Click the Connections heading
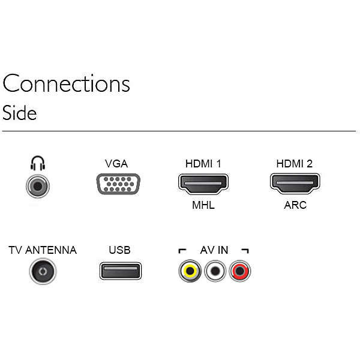(x=67, y=84)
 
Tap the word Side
(x=20, y=113)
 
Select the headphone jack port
(x=37, y=186)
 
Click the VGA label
(x=116, y=164)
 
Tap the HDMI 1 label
(x=203, y=164)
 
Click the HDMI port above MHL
(x=203, y=183)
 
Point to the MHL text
(x=203, y=205)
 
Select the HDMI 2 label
(x=295, y=164)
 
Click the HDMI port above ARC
(x=295, y=183)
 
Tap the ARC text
(x=295, y=205)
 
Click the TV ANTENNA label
(x=43, y=250)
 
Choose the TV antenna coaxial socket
(x=42, y=272)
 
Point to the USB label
(x=120, y=250)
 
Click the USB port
(x=120, y=272)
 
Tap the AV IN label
(x=214, y=250)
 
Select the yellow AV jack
(x=190, y=272)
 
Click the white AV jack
(x=215, y=272)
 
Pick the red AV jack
(x=240, y=272)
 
